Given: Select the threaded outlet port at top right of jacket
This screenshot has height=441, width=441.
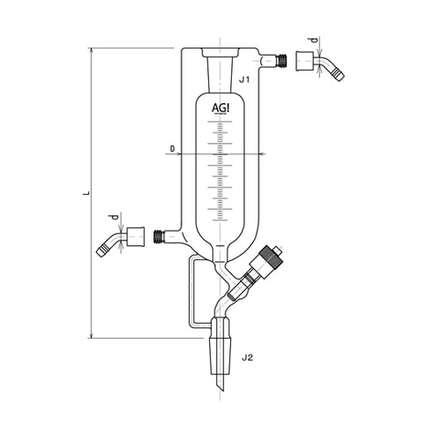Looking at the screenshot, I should [283, 61].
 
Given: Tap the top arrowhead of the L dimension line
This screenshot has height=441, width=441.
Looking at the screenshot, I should [92, 51].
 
